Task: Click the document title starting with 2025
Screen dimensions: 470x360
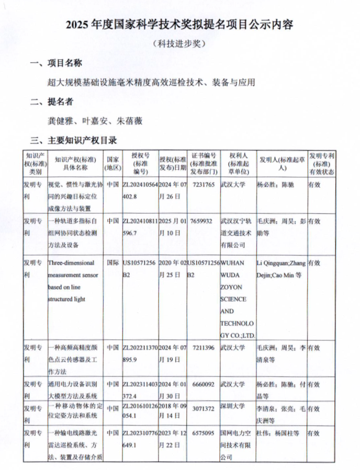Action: coord(179,25)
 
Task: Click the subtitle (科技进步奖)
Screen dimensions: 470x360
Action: coord(179,44)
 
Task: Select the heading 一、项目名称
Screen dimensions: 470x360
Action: coord(57,64)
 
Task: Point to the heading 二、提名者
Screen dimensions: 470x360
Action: coord(52,101)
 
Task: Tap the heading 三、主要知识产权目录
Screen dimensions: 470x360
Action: coord(73,140)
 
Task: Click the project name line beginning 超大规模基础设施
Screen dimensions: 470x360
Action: coord(151,83)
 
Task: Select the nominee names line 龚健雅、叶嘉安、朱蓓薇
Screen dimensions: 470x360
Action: coord(95,121)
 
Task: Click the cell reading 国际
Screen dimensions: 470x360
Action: coord(112,263)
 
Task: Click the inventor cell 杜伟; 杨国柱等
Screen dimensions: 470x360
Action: coord(278,433)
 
